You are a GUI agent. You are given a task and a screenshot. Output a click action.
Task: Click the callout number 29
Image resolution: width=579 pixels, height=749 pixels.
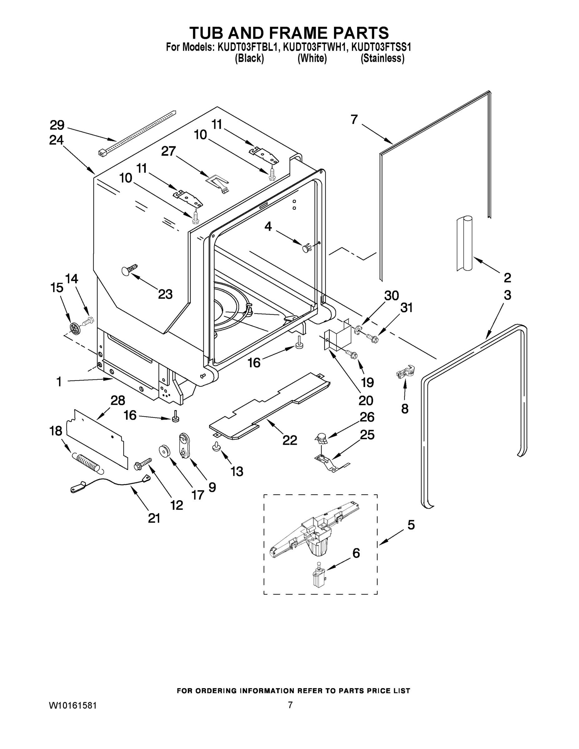57,125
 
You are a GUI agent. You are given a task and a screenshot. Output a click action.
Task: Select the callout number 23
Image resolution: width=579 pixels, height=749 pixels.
165,294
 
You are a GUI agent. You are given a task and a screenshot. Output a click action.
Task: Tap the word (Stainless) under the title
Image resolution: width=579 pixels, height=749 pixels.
382,58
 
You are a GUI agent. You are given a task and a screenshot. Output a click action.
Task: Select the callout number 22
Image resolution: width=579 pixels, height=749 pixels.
290,440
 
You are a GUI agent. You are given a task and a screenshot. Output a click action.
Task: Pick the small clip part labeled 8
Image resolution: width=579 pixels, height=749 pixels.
405,372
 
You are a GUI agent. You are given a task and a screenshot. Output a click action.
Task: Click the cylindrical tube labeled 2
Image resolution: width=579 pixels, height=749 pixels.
464,243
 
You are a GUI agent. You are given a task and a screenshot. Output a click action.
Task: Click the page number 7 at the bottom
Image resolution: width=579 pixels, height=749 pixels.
290,705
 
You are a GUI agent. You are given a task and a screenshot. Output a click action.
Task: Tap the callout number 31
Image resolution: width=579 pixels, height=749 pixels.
406,308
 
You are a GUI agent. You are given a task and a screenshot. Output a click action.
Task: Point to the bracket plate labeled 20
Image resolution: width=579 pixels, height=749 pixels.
338,339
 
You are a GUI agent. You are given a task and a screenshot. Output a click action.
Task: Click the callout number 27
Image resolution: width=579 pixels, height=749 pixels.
169,151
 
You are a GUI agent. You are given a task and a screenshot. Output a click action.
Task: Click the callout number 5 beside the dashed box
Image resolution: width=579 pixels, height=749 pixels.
410,525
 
